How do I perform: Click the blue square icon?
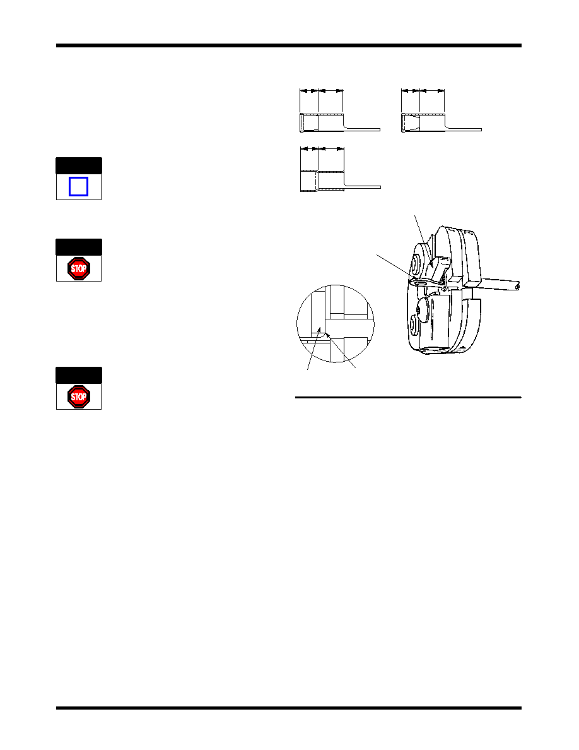[x=78, y=186]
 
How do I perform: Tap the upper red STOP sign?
[x=79, y=268]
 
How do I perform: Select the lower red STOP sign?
[x=79, y=396]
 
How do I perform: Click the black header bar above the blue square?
[x=79, y=165]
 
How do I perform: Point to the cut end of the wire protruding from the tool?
[x=517, y=286]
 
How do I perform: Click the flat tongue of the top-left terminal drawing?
[x=361, y=129]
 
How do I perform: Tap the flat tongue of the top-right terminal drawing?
[x=464, y=129]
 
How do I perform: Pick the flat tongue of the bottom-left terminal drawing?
[x=363, y=187]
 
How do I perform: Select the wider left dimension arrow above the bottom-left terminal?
[x=309, y=149]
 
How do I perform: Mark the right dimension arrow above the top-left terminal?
[x=330, y=90]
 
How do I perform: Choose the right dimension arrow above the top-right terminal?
[x=432, y=90]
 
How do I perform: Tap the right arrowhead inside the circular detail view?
[x=328, y=336]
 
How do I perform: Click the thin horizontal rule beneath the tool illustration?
[x=408, y=397]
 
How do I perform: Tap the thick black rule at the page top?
[x=288, y=45]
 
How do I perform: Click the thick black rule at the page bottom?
[x=288, y=708]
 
